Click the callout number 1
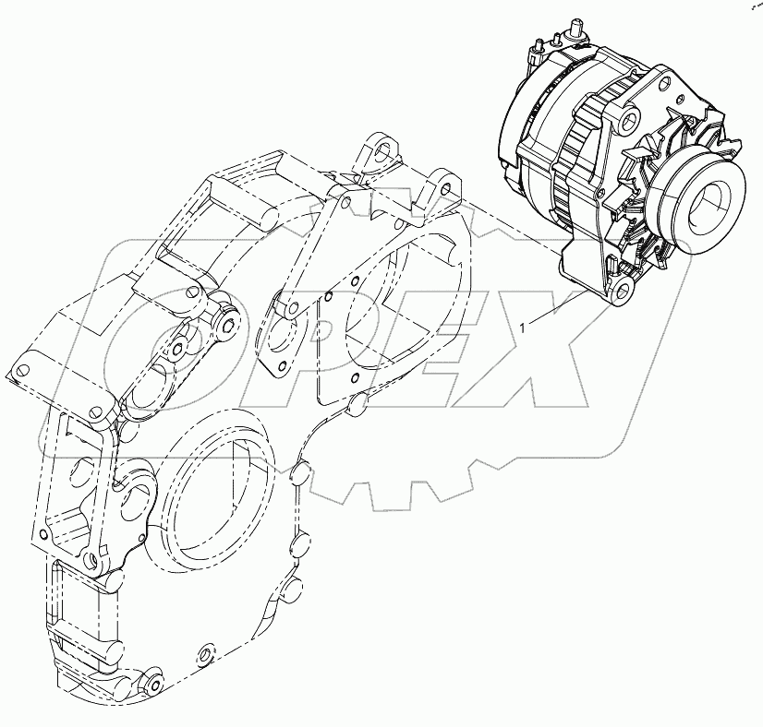coord(523,329)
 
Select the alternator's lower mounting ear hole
coord(622,289)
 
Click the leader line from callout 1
coord(556,306)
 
